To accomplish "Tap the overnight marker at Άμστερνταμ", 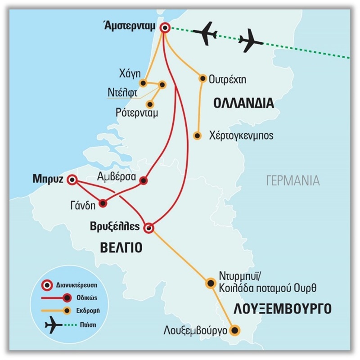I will point(165,28).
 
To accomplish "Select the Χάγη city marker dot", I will point(143,83).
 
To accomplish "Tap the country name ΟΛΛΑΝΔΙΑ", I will point(243,103).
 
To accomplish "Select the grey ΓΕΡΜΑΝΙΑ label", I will point(292,181).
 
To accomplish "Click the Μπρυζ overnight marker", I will point(72,180).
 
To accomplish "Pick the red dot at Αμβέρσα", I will point(144,181).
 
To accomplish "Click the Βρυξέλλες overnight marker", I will point(149,228).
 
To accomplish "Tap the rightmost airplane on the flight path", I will point(250,43).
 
